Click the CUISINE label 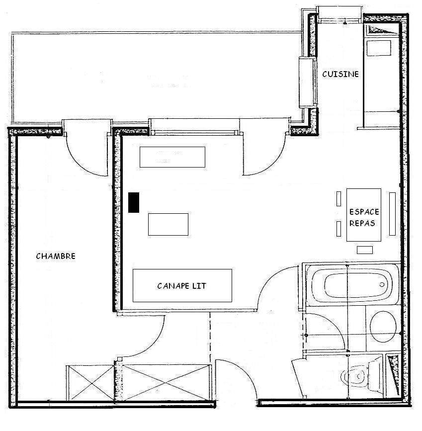click(x=340, y=74)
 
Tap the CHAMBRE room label click(x=56, y=256)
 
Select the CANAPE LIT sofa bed click(x=182, y=285)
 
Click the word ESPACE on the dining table click(x=364, y=212)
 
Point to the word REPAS click(x=362, y=223)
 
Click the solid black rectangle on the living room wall click(x=134, y=202)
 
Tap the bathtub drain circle click(x=382, y=285)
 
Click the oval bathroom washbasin click(x=383, y=327)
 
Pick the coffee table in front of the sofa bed click(x=168, y=224)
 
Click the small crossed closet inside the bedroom click(x=90, y=383)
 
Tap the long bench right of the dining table click(x=392, y=214)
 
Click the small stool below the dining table click(x=365, y=250)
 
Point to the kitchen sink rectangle click(x=379, y=48)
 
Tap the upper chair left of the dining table click(x=338, y=199)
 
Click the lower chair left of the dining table click(x=338, y=229)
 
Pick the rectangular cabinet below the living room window click(x=172, y=157)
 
